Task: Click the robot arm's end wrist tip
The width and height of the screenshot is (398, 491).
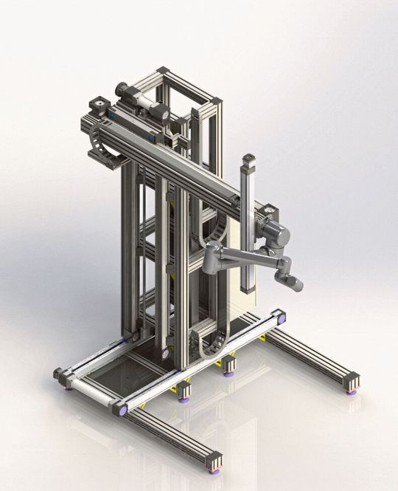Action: pos(295,284)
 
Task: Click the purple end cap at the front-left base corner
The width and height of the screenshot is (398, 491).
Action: pos(119,407)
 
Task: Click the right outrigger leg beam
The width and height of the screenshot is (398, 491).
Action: pos(310,354)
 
